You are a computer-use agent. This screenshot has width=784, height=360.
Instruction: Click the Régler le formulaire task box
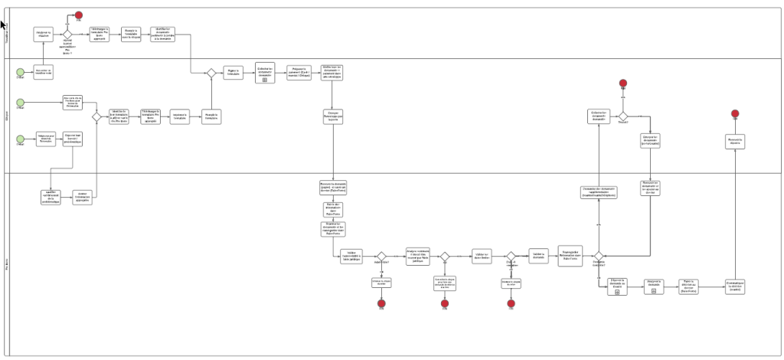tap(233, 73)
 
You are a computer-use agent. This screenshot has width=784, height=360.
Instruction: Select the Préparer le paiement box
tap(299, 73)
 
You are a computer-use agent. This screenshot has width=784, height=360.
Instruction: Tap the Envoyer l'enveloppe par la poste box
tap(332, 116)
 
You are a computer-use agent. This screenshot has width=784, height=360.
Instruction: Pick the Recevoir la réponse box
tap(735, 142)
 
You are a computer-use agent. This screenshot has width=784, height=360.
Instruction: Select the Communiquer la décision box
tap(735, 286)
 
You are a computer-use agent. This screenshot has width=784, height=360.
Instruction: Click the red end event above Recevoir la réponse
tap(735, 114)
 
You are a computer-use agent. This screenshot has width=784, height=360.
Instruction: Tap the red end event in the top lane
tap(79, 16)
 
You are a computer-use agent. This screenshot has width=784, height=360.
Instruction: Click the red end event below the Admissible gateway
tap(381, 303)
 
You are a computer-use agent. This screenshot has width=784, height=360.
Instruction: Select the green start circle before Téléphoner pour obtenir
tap(21, 139)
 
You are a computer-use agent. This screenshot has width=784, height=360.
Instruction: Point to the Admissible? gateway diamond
tap(381, 257)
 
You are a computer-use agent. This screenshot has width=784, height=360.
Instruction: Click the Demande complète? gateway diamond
tap(511, 257)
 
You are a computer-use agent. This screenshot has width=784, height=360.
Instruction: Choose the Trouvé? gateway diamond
tap(623, 116)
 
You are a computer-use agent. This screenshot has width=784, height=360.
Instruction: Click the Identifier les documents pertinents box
tap(167, 34)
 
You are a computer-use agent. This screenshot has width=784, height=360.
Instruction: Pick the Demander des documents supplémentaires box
tap(598, 192)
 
